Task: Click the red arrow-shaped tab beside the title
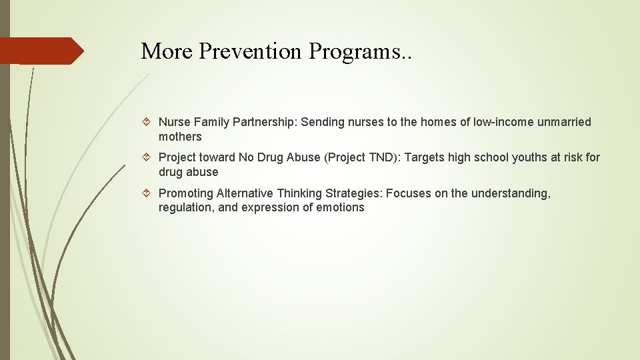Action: point(40,51)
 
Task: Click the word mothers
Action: point(180,137)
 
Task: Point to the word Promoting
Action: point(186,193)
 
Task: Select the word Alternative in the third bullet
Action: point(245,193)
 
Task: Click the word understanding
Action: point(511,193)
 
